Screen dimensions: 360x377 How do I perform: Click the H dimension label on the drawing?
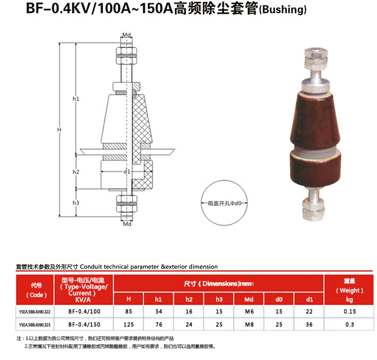[59, 130]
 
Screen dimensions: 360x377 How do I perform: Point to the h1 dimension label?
[76, 99]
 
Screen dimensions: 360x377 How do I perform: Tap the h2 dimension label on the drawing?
[76, 172]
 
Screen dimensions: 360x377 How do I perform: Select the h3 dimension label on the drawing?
[76, 203]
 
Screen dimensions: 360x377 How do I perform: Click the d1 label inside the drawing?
[127, 171]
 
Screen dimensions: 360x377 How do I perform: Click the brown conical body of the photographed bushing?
[315, 121]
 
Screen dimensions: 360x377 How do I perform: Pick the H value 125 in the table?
[129, 324]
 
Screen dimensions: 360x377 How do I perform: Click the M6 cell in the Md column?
[249, 311]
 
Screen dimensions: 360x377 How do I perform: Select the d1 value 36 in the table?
[309, 324]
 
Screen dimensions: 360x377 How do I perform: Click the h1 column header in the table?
[158, 299]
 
